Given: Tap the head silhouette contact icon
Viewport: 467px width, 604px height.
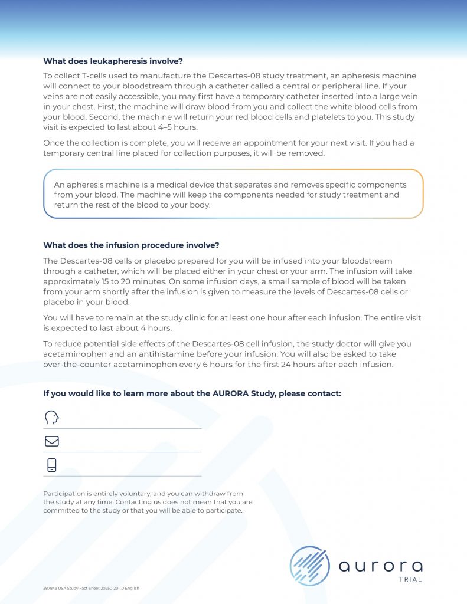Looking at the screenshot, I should point(52,418).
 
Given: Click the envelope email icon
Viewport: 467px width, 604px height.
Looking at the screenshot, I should point(52,441).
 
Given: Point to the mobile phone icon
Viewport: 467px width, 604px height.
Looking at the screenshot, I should point(52,465).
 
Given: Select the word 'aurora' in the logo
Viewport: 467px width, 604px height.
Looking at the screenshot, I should point(380,567).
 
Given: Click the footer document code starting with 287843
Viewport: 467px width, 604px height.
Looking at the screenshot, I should point(91,588).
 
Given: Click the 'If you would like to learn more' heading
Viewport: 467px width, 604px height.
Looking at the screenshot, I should point(192,393).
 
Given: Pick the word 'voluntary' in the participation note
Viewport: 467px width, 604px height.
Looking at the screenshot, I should point(123,493).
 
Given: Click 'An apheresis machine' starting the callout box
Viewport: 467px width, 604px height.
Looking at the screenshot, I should point(95,185).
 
